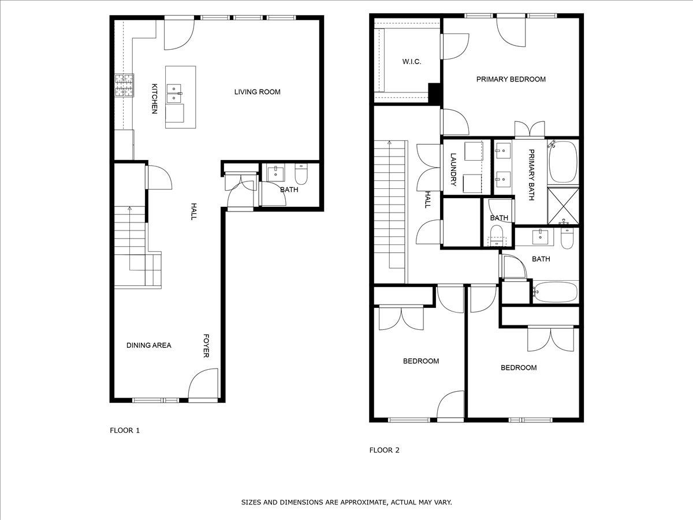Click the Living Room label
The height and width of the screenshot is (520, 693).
coord(258,92)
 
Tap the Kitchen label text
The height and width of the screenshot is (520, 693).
coord(154,98)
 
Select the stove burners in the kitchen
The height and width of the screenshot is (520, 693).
coord(124,86)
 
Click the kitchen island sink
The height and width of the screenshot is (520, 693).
coord(174,94)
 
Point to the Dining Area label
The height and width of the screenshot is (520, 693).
coord(148,346)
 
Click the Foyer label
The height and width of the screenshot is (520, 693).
coord(206,346)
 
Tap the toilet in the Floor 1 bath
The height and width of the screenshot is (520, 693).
coord(301,174)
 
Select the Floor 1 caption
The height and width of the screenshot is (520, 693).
coord(125,430)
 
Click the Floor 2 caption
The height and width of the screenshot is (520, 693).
coord(384,450)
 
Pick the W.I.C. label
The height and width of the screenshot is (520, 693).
coord(412,62)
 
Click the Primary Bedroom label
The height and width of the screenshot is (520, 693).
coord(511,79)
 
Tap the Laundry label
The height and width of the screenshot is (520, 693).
coord(453,169)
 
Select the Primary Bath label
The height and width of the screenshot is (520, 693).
coord(531,175)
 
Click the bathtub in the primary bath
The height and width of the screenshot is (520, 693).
coord(563,162)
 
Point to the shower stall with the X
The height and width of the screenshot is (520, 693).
coord(563,206)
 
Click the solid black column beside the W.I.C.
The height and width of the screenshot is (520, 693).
coord(434,93)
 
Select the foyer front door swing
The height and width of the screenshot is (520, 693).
coord(203,383)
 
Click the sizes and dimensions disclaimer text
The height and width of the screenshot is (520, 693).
coord(346,502)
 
